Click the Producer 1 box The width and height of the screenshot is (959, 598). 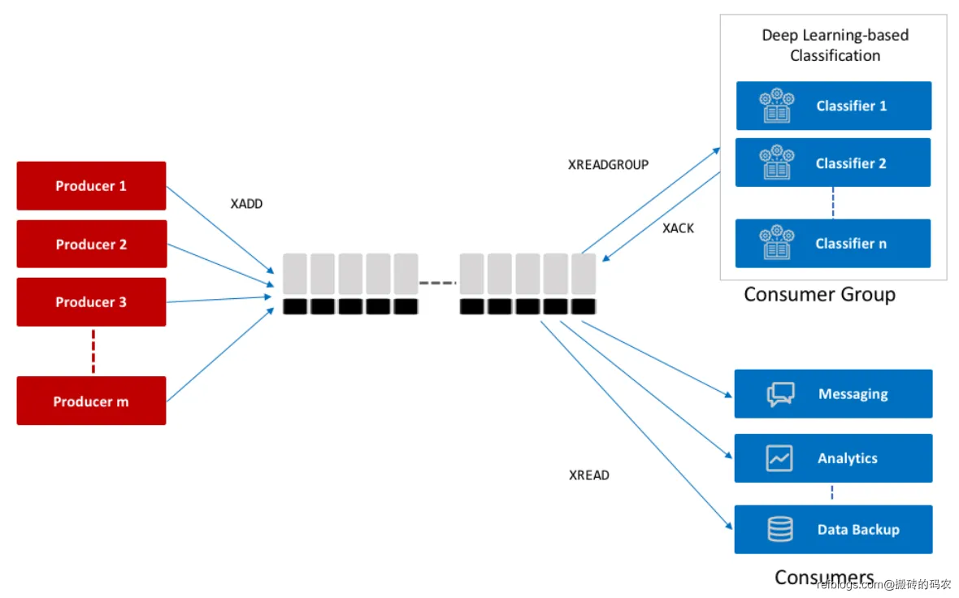(91, 186)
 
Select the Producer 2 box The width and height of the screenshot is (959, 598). (91, 244)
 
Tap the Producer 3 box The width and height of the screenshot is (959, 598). (91, 302)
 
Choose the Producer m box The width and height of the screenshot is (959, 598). (91, 401)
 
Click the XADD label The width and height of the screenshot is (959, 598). (246, 204)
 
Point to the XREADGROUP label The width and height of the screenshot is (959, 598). (608, 164)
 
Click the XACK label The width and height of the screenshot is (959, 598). (678, 228)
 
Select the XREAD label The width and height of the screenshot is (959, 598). (589, 475)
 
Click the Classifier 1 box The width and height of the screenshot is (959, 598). (833, 106)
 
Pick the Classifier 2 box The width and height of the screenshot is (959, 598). (833, 163)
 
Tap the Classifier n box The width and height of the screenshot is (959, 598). (833, 243)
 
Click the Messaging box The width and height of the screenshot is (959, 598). (833, 394)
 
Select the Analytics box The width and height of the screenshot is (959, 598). (833, 458)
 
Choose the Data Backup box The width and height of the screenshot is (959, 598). (833, 530)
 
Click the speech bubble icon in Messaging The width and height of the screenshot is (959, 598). (780, 395)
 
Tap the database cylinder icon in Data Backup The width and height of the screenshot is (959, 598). (780, 530)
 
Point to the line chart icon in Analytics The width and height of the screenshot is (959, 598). (779, 458)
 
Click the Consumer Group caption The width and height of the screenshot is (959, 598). (819, 294)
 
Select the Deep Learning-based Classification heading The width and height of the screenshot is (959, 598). (835, 45)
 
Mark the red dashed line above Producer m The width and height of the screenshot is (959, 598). (93, 351)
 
